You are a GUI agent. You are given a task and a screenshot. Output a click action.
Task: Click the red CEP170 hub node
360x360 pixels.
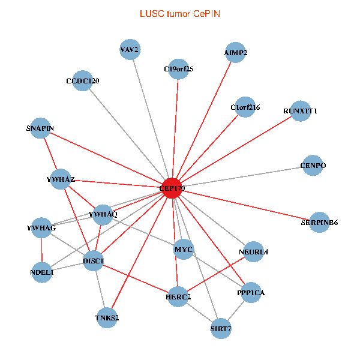[x=172, y=188]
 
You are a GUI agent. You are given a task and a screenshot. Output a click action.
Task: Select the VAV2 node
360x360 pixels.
[x=130, y=50]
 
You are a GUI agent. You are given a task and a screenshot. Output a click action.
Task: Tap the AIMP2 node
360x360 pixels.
[x=236, y=52]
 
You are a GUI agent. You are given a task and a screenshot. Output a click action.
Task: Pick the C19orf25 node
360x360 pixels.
[x=178, y=68]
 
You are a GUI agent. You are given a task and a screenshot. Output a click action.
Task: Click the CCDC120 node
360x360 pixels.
[x=83, y=80]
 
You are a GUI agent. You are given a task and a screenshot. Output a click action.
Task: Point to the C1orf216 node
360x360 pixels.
[x=245, y=107]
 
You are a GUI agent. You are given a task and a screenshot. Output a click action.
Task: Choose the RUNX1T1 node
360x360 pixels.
[x=300, y=111]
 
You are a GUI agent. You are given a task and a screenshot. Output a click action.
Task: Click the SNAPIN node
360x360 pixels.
[x=40, y=128]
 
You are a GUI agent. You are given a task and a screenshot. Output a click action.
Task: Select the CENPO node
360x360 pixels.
[x=313, y=166]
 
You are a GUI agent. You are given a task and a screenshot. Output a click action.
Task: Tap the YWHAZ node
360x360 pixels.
[x=61, y=179]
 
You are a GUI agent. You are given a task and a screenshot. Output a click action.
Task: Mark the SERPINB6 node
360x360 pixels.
[x=320, y=223]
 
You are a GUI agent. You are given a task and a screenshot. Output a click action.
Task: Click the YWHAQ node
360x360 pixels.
[x=103, y=214]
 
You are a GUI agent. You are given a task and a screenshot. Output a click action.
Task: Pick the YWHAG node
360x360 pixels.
[x=41, y=228]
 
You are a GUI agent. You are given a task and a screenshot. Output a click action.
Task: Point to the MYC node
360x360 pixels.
[x=183, y=249]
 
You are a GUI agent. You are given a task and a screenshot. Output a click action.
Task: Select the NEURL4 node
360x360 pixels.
[x=253, y=251]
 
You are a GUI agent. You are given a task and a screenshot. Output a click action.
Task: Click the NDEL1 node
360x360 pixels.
[x=42, y=272]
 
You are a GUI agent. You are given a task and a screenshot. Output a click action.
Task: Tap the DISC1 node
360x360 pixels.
[x=94, y=260]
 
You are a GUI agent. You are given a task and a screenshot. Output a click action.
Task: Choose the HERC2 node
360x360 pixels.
[x=178, y=296]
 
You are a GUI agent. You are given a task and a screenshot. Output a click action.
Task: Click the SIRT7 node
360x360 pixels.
[x=221, y=329]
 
